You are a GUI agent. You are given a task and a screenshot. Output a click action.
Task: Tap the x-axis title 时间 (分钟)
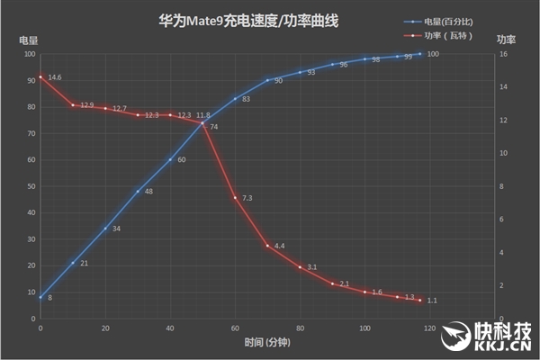(267, 343)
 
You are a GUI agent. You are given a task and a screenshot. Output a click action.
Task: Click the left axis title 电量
(28, 40)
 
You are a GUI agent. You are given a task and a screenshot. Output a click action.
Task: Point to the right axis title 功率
(506, 40)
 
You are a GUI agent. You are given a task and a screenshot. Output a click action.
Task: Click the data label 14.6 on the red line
(55, 78)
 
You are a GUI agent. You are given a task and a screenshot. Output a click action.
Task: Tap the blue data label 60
(181, 160)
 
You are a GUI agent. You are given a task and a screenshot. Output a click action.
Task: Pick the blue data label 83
(246, 99)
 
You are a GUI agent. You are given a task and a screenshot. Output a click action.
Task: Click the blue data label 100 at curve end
(433, 54)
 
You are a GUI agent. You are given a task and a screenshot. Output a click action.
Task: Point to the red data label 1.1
(432, 301)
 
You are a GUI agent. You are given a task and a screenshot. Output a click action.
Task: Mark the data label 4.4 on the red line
(280, 246)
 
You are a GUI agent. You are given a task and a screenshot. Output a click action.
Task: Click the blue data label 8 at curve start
(49, 297)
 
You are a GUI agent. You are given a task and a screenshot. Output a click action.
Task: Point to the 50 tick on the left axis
(30, 186)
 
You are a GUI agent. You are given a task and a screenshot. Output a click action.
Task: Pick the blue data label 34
(116, 229)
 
